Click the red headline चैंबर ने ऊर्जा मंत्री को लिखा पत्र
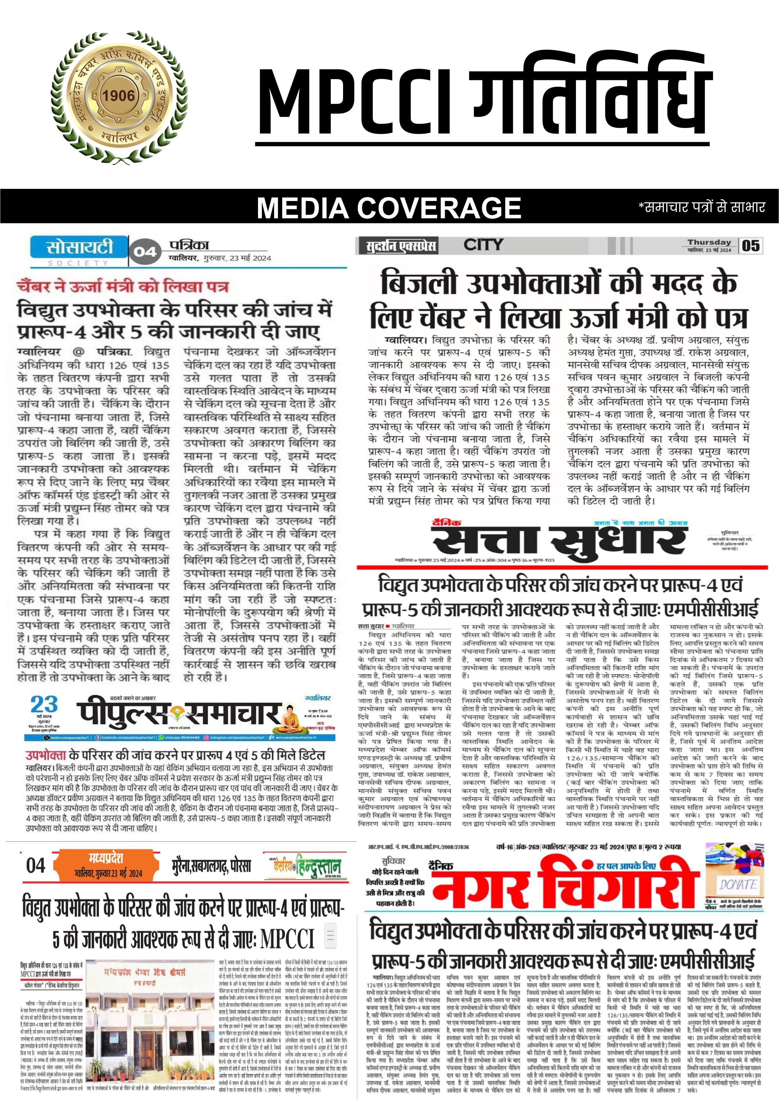(x=123, y=286)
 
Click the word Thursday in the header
(x=709, y=243)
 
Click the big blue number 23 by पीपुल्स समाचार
(x=44, y=705)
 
